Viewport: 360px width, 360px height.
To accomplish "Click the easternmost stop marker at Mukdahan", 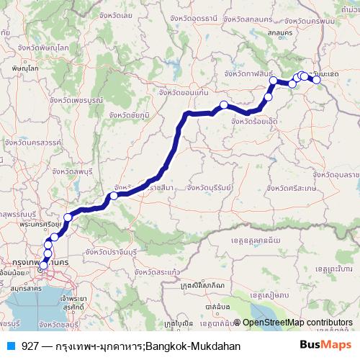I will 316,79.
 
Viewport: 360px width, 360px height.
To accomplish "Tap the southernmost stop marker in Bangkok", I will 43,266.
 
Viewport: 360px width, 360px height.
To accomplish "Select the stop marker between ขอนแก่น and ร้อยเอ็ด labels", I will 224,105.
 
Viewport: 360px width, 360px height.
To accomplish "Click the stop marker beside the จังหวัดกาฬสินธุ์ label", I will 274,81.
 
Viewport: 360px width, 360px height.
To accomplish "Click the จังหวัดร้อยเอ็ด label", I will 255,122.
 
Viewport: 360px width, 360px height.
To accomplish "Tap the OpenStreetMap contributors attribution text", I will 297,323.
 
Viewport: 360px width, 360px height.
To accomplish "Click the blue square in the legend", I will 10,346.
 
